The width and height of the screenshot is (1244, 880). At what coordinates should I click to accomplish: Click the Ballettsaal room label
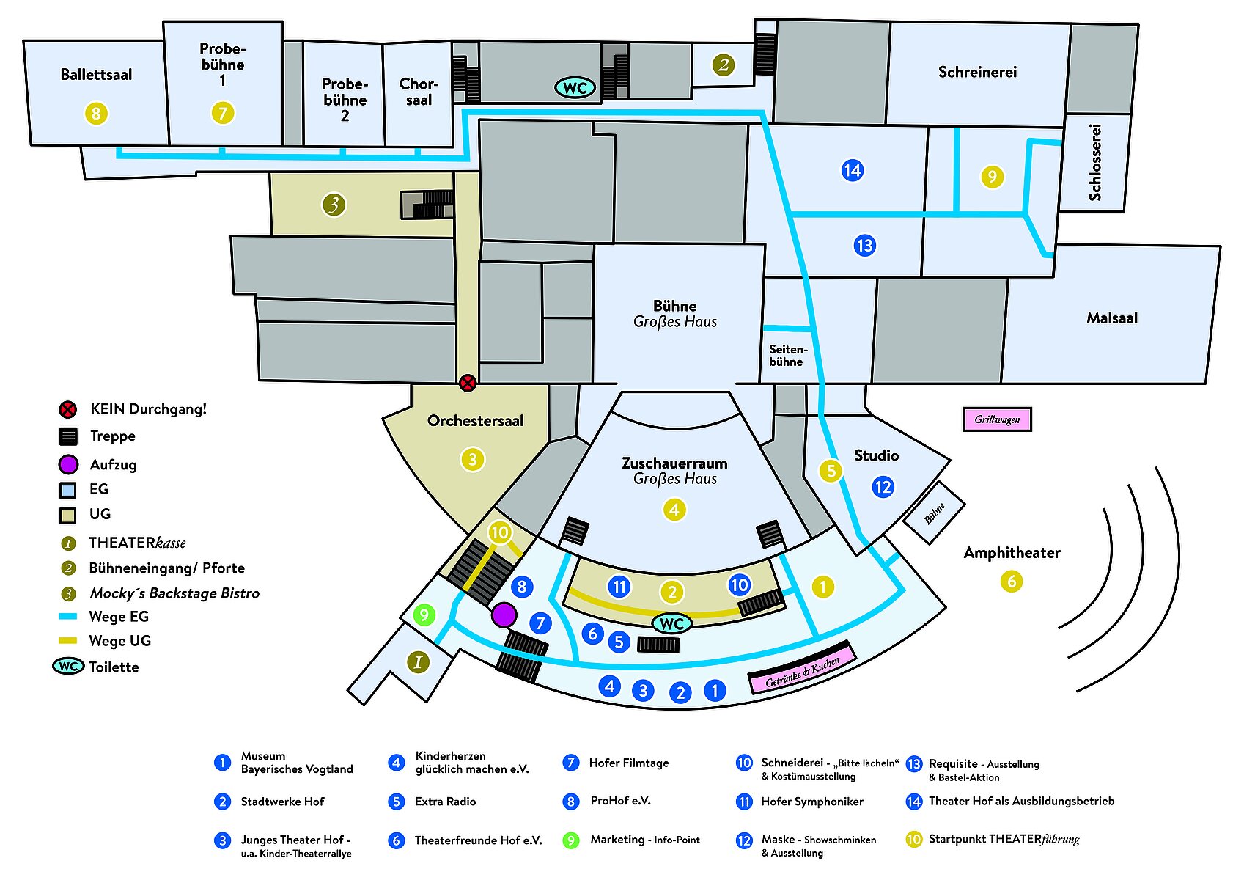(96, 75)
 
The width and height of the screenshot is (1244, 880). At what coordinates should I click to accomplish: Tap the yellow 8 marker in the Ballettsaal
(96, 114)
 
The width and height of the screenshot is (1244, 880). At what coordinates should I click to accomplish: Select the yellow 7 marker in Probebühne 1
(223, 114)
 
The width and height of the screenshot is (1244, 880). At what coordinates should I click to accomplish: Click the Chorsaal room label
(419, 92)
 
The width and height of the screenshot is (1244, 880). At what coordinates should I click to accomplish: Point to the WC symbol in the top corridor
(575, 88)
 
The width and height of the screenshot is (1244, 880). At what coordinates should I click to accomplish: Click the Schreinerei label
(977, 72)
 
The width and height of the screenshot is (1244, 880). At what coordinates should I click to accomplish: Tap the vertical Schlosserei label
(1095, 162)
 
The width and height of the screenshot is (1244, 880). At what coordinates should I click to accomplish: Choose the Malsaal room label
(1112, 318)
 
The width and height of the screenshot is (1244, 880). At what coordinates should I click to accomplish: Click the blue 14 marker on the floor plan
(852, 171)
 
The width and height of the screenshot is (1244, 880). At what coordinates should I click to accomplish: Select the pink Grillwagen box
(997, 419)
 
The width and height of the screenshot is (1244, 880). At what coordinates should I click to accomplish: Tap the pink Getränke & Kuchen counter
(802, 672)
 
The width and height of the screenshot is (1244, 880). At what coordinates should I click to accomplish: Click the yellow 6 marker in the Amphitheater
(1012, 582)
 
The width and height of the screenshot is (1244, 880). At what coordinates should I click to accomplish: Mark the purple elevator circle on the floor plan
(504, 615)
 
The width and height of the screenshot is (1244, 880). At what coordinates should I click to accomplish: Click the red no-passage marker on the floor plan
(468, 382)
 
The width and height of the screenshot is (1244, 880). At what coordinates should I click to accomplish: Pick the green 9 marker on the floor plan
(424, 615)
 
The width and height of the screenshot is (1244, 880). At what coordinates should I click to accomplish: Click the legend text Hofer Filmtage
(629, 763)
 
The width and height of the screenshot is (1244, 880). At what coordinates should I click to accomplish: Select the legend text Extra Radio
(445, 802)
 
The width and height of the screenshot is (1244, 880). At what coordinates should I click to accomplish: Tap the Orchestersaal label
(475, 421)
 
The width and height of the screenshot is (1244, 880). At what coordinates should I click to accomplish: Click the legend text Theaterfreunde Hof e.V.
(478, 840)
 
